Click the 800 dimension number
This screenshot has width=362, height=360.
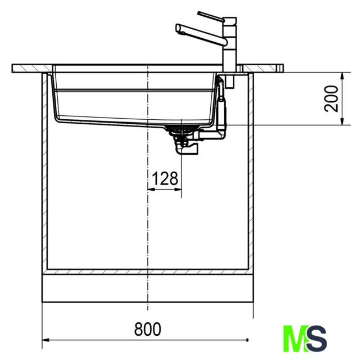(147, 329)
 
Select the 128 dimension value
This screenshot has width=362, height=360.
(165, 178)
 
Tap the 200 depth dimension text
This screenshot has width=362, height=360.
(331, 98)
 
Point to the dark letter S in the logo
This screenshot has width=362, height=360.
(317, 338)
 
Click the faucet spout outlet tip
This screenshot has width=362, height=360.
(178, 29)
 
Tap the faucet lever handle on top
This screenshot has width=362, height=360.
(211, 17)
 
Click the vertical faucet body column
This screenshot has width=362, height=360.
(230, 44)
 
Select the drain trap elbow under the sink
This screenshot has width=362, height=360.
(187, 148)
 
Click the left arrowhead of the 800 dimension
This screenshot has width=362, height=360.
(46, 340)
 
